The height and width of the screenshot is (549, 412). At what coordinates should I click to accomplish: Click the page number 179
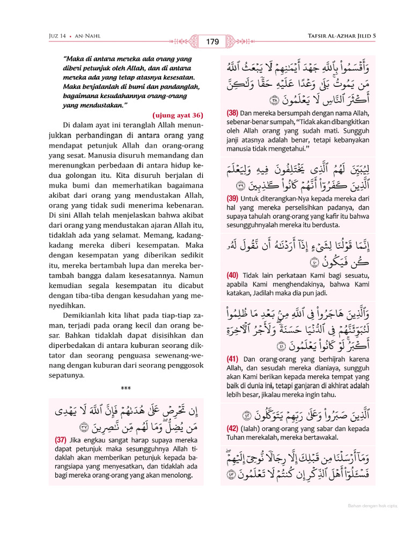coord(212,41)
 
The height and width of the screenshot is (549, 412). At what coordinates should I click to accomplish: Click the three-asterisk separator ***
coord(126,389)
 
